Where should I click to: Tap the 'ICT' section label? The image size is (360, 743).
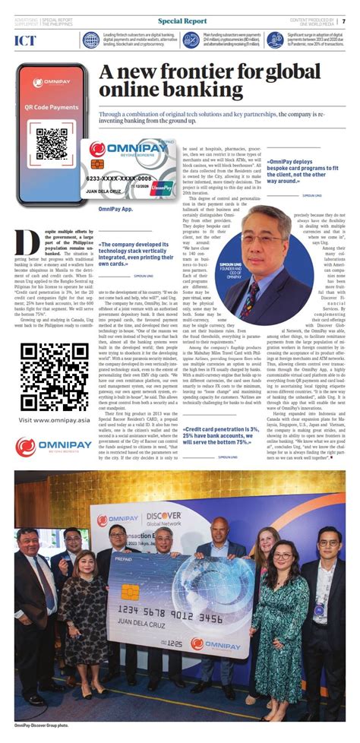click(x=25, y=40)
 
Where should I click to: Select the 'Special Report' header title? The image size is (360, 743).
click(x=180, y=22)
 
